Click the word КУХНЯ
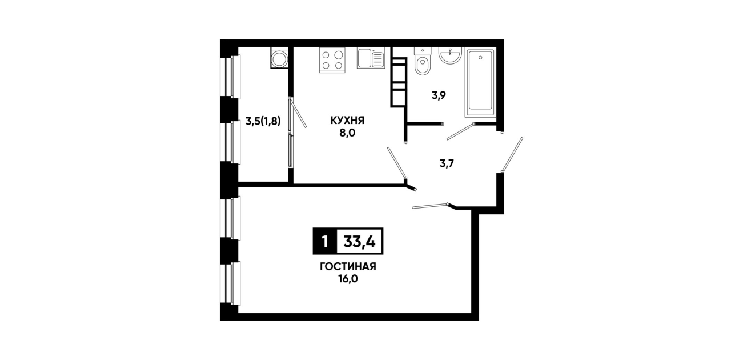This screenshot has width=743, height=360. pyautogui.click(x=347, y=121)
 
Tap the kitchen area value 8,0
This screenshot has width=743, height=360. pyautogui.click(x=347, y=133)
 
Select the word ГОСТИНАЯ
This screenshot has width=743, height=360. pyautogui.click(x=348, y=266)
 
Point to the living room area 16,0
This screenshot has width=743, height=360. pyautogui.click(x=348, y=279)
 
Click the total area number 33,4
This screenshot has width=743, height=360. pyautogui.click(x=360, y=241)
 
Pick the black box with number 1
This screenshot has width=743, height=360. pyautogui.click(x=325, y=241)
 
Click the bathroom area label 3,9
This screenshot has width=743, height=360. pyautogui.click(x=439, y=95)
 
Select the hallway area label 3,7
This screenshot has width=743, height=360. pyautogui.click(x=447, y=163)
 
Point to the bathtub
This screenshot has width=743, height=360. pyautogui.click(x=480, y=83)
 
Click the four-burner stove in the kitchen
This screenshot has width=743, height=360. pyautogui.click(x=332, y=60)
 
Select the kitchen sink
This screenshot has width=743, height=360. pyautogui.click(x=371, y=58)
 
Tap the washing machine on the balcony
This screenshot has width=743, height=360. pyautogui.click(x=279, y=58)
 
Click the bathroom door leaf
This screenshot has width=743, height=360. pyautogui.click(x=461, y=131)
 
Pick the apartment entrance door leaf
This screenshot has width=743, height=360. pyautogui.click(x=512, y=155)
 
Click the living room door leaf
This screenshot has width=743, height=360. pyautogui.click(x=430, y=206)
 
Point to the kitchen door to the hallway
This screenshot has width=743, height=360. pyautogui.click(x=396, y=162)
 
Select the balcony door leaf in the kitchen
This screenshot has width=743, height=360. pyautogui.click(x=298, y=113)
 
